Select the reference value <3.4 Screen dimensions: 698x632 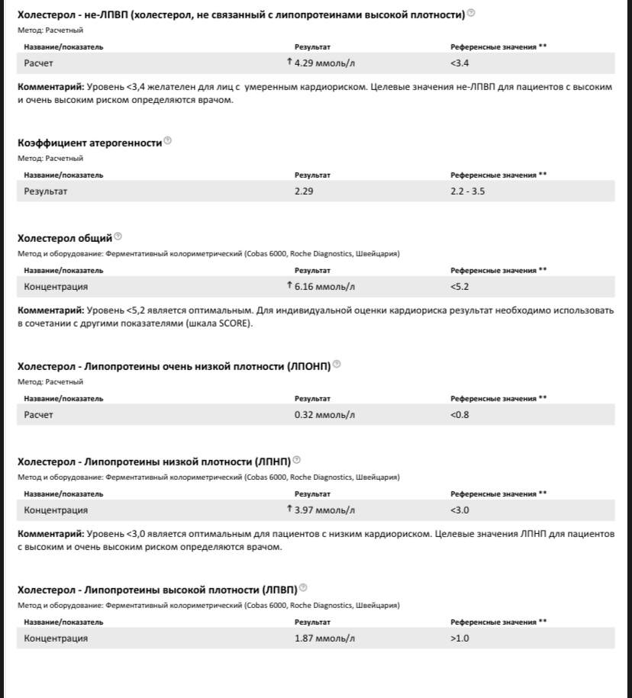[459, 63]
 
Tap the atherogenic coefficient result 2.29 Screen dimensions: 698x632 [304, 191]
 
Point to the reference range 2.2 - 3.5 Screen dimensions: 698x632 [467, 191]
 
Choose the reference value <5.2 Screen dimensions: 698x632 [459, 287]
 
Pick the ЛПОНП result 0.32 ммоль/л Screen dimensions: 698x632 [325, 415]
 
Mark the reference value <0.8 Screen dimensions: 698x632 [459, 415]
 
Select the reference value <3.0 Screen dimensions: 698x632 [459, 510]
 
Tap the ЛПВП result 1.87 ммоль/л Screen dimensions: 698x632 [325, 638]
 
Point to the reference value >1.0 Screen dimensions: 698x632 [459, 638]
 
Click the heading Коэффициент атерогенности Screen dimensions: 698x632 [89, 143]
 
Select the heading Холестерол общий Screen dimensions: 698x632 [64, 238]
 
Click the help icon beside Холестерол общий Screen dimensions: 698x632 [118, 236]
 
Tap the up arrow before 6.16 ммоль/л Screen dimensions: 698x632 [289, 286]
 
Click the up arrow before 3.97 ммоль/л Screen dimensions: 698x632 [289, 509]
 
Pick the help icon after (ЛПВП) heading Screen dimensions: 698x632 [304, 587]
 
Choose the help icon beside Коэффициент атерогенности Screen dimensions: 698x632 [168, 141]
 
